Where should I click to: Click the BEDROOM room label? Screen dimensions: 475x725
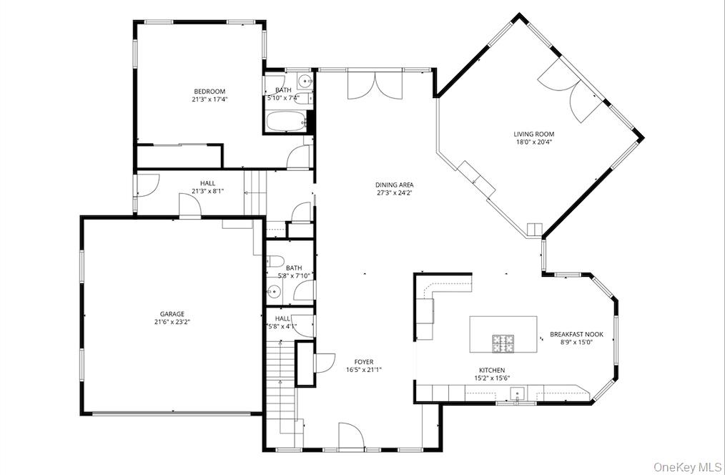[x=209, y=92]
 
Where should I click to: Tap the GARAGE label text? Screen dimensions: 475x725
[x=172, y=313]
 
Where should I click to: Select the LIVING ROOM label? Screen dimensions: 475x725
[x=533, y=134]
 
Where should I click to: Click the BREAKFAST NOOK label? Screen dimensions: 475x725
[x=576, y=334]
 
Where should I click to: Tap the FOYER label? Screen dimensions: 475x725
[x=363, y=362]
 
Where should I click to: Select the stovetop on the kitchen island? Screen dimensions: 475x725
[x=503, y=343]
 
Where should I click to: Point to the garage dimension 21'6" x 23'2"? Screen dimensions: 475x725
[x=172, y=322]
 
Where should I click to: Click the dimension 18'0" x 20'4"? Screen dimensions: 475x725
[x=533, y=142]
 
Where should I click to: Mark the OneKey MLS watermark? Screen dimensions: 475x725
[x=687, y=466]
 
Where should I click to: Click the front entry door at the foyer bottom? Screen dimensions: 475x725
[x=351, y=436]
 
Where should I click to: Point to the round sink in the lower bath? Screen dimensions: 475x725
[x=273, y=290]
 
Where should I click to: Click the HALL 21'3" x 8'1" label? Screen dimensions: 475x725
[x=207, y=187]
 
